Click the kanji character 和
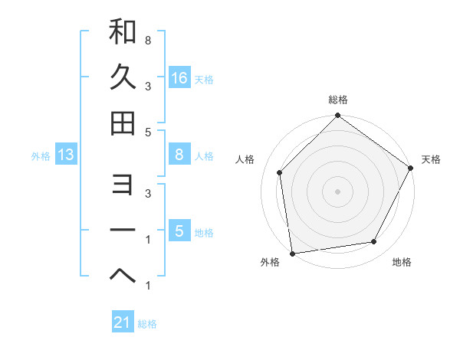coord(123,32)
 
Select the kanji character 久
coord(123,77)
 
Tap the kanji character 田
coord(123,123)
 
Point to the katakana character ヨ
coord(123,185)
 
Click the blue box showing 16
coord(179,78)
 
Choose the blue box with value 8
coord(179,155)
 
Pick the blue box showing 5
coord(179,231)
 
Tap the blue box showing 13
coord(66,155)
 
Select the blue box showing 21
coord(123,322)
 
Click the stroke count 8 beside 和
coord(147,39)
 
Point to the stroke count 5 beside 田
coord(147,132)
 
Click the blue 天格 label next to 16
coord(204,80)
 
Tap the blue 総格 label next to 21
coord(147,324)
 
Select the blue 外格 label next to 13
coord(41,156)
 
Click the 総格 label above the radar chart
coord(338,100)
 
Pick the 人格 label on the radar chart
coord(245,159)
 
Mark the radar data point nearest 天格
coord(410,168)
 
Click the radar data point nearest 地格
coord(374,241)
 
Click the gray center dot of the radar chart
coord(337,191)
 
